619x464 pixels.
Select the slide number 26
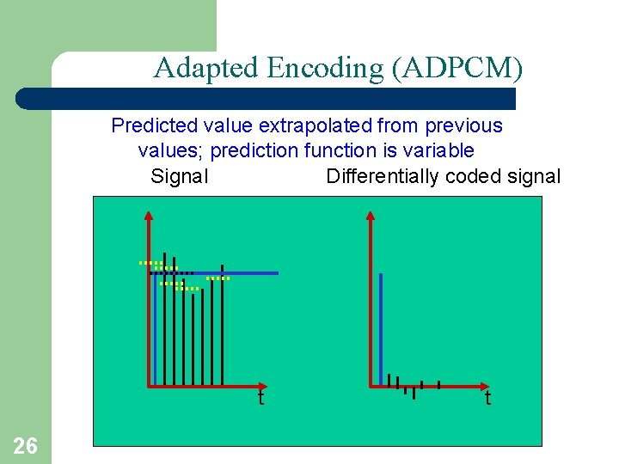pyautogui.click(x=26, y=445)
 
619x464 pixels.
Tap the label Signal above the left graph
pyautogui.click(x=179, y=176)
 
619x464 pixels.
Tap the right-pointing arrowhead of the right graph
pyautogui.click(x=483, y=386)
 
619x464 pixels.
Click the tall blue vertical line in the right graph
pyautogui.click(x=381, y=327)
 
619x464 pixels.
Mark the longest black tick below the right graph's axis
pyautogui.click(x=414, y=392)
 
